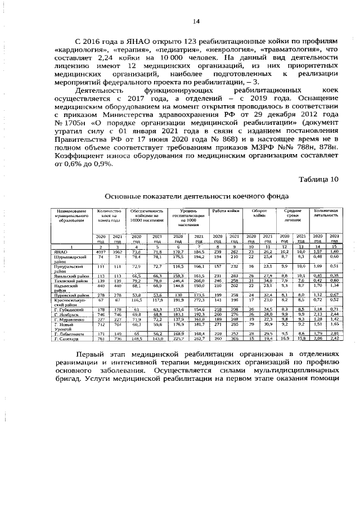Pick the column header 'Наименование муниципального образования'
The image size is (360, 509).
click(x=70, y=215)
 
